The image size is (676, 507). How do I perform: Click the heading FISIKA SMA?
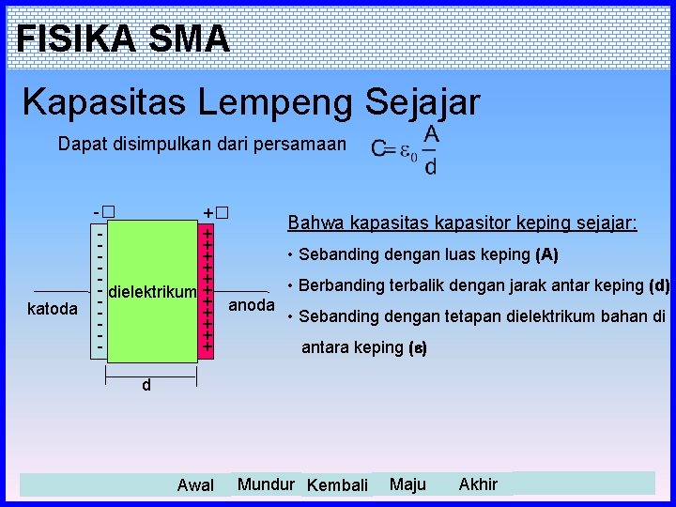click(x=123, y=38)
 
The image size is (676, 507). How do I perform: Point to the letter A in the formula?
click(x=431, y=134)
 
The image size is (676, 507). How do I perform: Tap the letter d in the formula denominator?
click(x=430, y=167)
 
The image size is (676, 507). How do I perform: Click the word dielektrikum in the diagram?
click(x=153, y=293)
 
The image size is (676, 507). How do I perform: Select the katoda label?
click(x=53, y=308)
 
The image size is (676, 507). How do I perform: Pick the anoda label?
click(x=252, y=305)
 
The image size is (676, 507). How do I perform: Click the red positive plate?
click(x=207, y=290)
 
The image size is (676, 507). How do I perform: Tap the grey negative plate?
click(x=99, y=290)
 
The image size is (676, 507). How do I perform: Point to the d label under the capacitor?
click(x=146, y=385)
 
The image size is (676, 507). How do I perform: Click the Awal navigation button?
click(x=195, y=485)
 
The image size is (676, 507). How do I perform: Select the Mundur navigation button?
click(x=266, y=484)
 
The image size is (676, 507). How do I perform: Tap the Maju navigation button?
click(x=407, y=484)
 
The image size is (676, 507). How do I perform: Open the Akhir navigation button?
click(x=478, y=484)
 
